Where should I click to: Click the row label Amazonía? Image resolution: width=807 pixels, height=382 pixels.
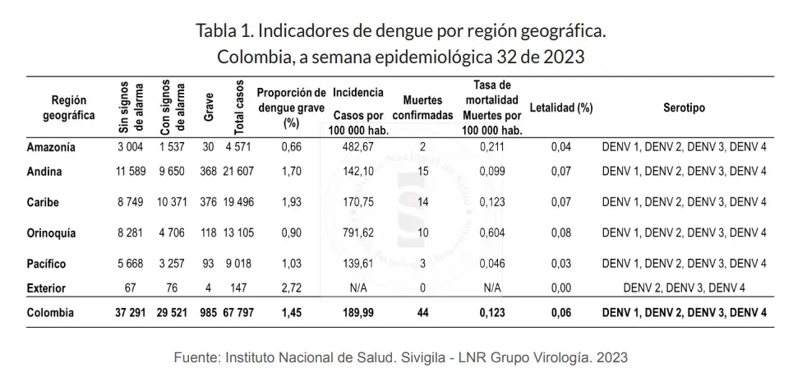point(50,148)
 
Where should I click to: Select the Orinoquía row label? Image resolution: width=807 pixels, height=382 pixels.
point(51,233)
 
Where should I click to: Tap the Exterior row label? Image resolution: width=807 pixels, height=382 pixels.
point(47,289)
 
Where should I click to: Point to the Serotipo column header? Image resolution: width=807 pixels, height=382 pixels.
point(684,108)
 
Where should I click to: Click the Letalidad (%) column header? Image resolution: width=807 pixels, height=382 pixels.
point(561,108)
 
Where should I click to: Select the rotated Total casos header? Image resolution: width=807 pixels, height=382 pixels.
point(240,108)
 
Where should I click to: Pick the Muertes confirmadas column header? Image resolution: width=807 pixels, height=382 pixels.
point(422,108)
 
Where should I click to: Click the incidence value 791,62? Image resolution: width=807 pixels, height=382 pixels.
point(357,233)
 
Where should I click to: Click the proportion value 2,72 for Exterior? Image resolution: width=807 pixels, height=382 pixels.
point(291,289)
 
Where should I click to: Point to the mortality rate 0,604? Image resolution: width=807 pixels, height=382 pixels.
point(492,233)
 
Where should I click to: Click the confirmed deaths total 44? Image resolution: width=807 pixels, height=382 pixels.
point(422,313)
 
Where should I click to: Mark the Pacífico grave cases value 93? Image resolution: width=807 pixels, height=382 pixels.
point(208,265)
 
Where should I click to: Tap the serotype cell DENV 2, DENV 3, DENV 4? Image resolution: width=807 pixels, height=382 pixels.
point(684,289)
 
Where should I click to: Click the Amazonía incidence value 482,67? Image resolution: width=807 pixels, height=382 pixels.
point(357,148)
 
